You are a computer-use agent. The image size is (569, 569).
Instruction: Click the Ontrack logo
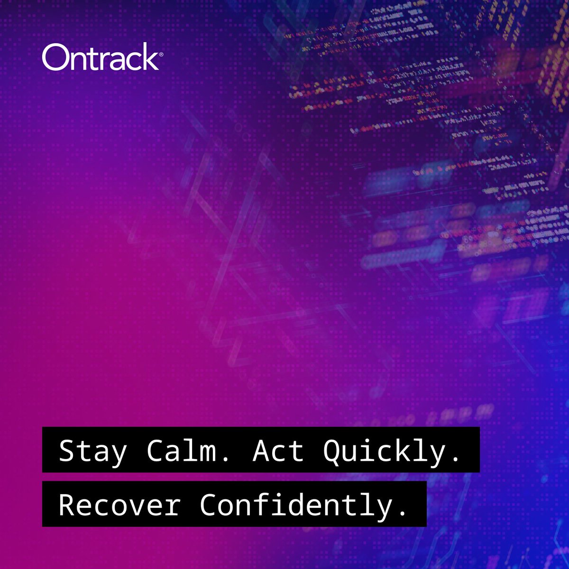pos(100,58)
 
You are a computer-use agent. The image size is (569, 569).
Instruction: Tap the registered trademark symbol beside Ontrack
pos(161,55)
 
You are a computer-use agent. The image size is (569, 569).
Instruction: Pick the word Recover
pos(119,504)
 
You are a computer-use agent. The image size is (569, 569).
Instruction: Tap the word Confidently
pos(296,504)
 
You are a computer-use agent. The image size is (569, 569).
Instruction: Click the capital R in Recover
pos(67,504)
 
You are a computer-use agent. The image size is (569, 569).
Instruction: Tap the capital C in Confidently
pos(208,504)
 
